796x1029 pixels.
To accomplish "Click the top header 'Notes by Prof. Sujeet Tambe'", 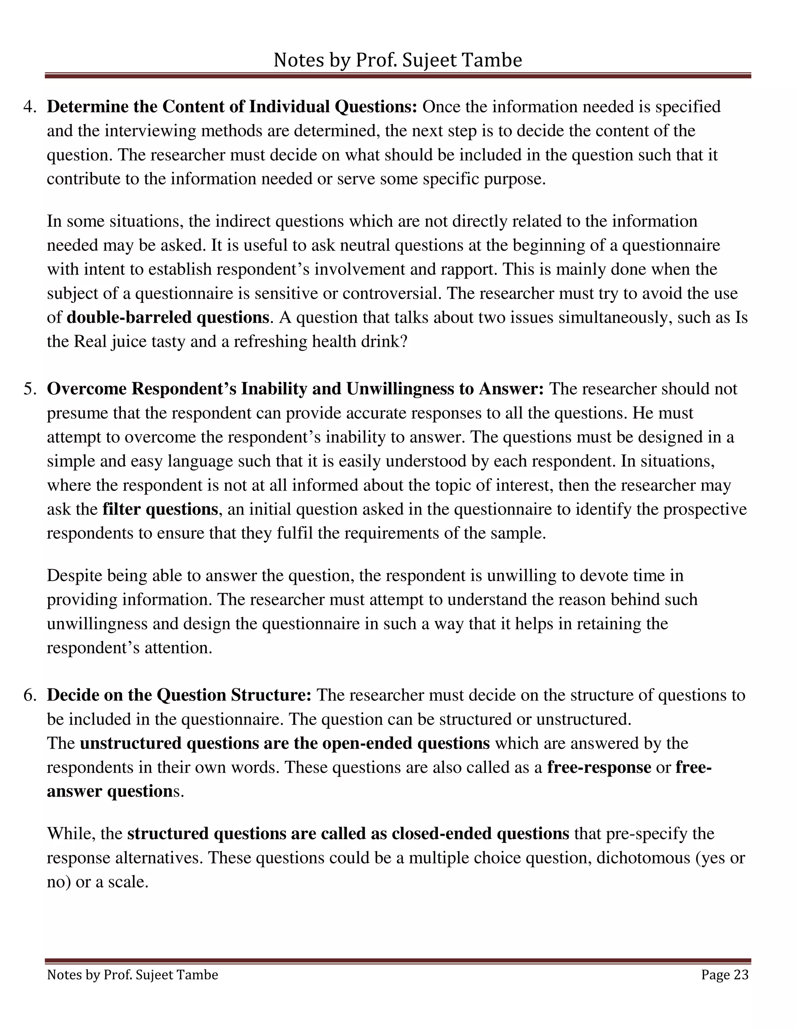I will click(398, 60).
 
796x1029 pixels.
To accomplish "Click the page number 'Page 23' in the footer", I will click(724, 974).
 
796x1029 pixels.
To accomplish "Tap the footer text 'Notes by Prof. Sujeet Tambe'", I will click(133, 974).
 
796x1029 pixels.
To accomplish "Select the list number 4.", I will click(29, 107).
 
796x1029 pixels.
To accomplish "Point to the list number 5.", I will click(29, 389).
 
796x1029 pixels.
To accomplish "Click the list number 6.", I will click(29, 695).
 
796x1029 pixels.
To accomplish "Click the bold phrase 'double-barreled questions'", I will click(168, 317).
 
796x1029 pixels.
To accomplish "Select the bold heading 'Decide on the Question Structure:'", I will click(179, 695).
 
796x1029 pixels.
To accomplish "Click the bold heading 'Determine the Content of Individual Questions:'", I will click(232, 107).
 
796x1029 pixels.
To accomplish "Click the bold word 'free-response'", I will click(599, 768).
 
